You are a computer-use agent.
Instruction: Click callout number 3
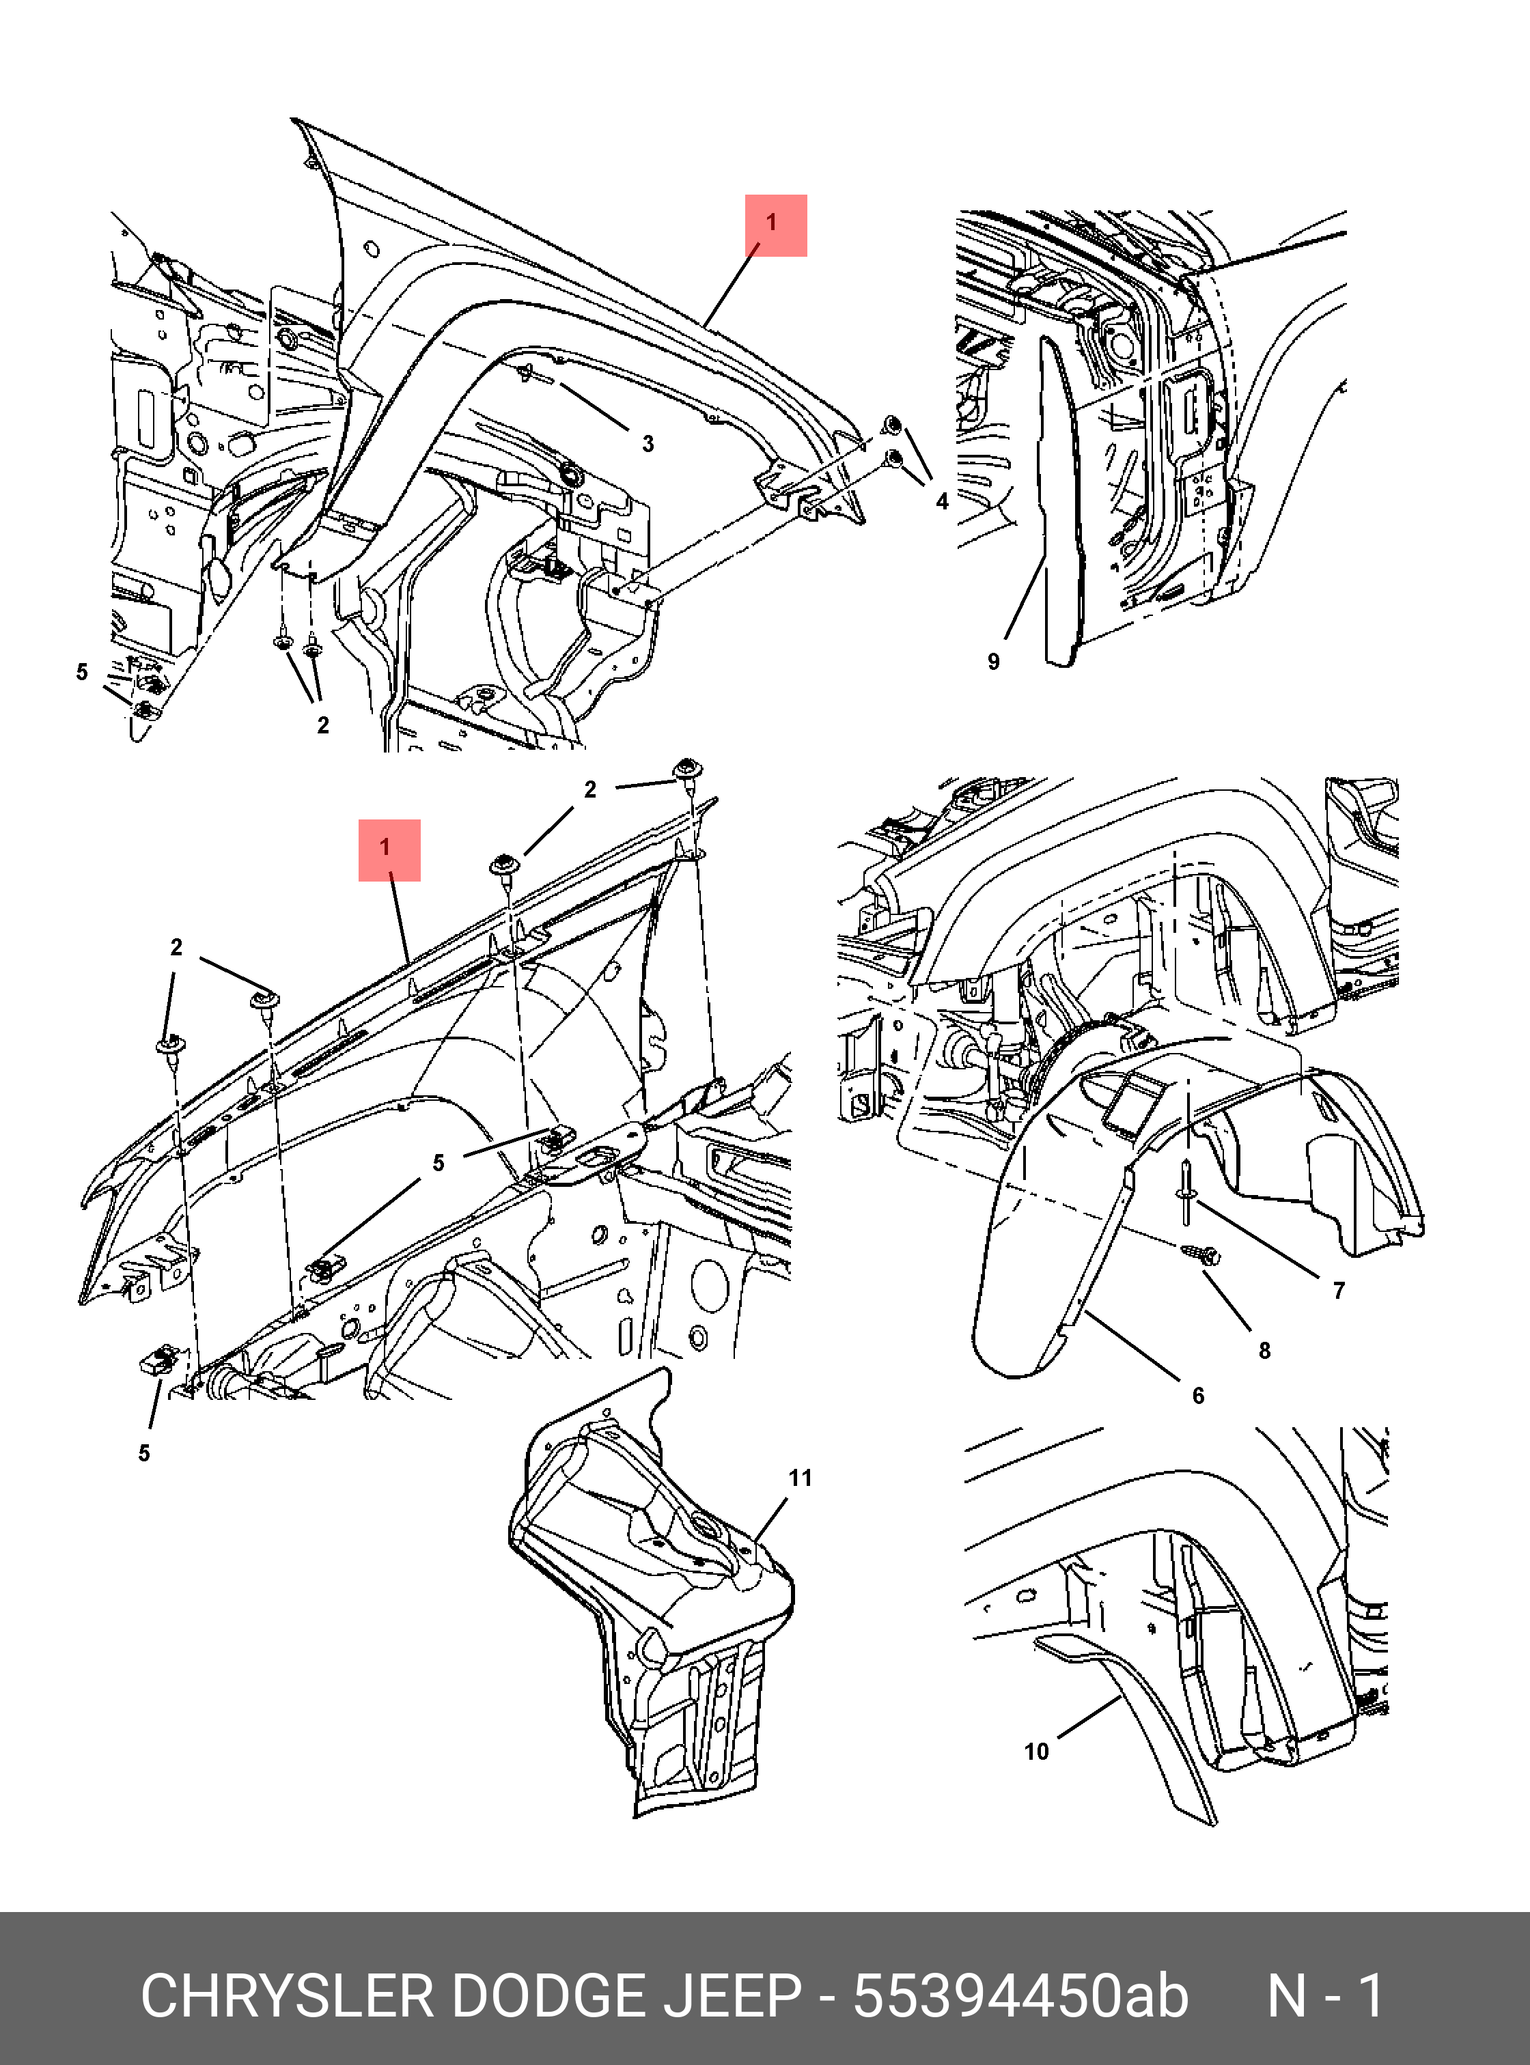coord(648,444)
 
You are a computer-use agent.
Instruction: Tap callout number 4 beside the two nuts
coord(943,501)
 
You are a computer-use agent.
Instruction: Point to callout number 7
coord(1338,1291)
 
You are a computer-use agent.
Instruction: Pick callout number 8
coord(1265,1351)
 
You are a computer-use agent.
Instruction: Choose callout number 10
coord(1036,1751)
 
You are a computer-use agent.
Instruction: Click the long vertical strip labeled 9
coord(1061,500)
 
